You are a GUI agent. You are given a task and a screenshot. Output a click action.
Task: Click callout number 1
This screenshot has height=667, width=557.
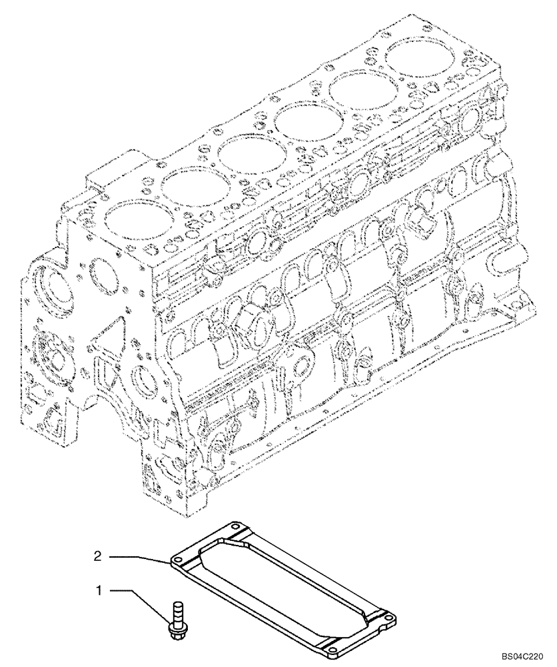(100, 590)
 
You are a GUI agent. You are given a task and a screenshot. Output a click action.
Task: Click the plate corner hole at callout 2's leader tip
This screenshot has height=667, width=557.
(179, 559)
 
